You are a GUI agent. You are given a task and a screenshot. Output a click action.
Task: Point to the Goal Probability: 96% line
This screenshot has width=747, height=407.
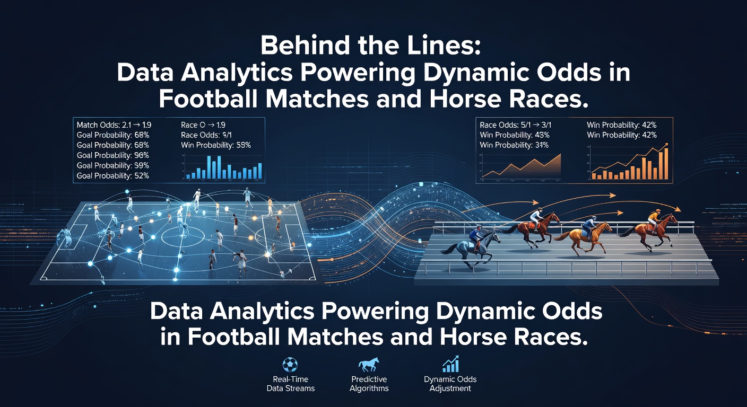point(112,155)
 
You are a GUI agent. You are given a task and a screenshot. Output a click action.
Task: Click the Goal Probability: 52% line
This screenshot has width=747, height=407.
point(112,175)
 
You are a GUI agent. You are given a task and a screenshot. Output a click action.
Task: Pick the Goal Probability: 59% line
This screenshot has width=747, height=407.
point(112,165)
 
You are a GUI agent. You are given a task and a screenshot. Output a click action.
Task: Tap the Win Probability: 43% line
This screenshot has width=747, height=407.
point(514,135)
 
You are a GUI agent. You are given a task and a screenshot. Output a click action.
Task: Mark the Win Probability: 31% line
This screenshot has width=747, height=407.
point(514,145)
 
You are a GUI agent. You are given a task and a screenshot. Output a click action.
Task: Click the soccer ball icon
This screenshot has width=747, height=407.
point(290,365)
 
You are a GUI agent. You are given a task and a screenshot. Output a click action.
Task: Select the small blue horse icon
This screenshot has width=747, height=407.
point(369,365)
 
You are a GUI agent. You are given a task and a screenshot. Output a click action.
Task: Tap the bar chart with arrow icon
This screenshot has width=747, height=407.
point(450,365)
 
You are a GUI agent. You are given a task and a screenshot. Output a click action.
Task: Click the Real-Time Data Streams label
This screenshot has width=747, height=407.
point(290,384)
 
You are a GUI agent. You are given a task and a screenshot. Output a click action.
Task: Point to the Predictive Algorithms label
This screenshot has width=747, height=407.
point(369,384)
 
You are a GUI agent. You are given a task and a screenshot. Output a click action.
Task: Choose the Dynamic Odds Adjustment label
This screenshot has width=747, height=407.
point(450,384)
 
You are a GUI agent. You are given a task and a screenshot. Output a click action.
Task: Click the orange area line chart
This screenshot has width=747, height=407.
point(523,167)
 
